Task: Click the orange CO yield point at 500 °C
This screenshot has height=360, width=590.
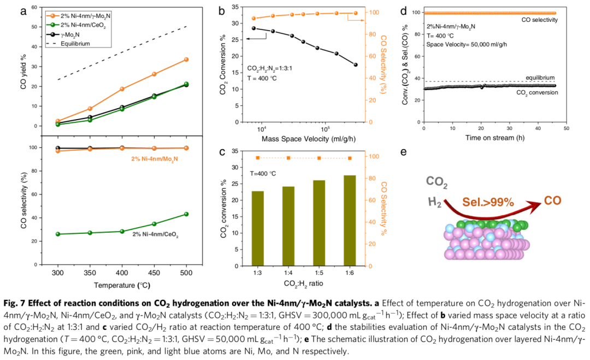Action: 186,59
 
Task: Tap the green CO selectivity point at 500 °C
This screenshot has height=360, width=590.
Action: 186,214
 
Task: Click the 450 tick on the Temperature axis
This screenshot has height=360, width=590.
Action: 154,272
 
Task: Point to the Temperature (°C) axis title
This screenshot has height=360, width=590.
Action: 122,285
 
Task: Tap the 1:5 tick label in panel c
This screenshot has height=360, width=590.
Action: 319,272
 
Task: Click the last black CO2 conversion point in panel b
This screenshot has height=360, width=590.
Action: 356,64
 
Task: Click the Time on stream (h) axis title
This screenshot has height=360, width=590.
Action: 494,138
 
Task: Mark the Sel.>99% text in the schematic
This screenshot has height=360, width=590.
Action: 488,203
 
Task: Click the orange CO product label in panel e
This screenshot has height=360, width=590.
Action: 552,201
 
